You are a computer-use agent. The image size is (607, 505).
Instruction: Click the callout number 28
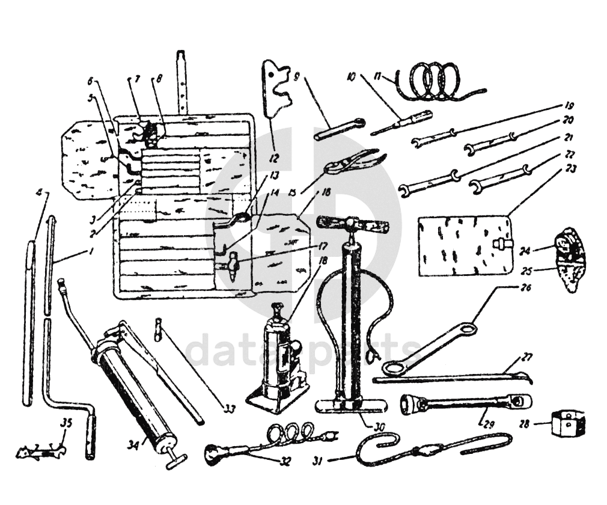pyautogui.click(x=524, y=424)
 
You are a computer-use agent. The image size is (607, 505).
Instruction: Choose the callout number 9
pyautogui.click(x=296, y=76)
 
